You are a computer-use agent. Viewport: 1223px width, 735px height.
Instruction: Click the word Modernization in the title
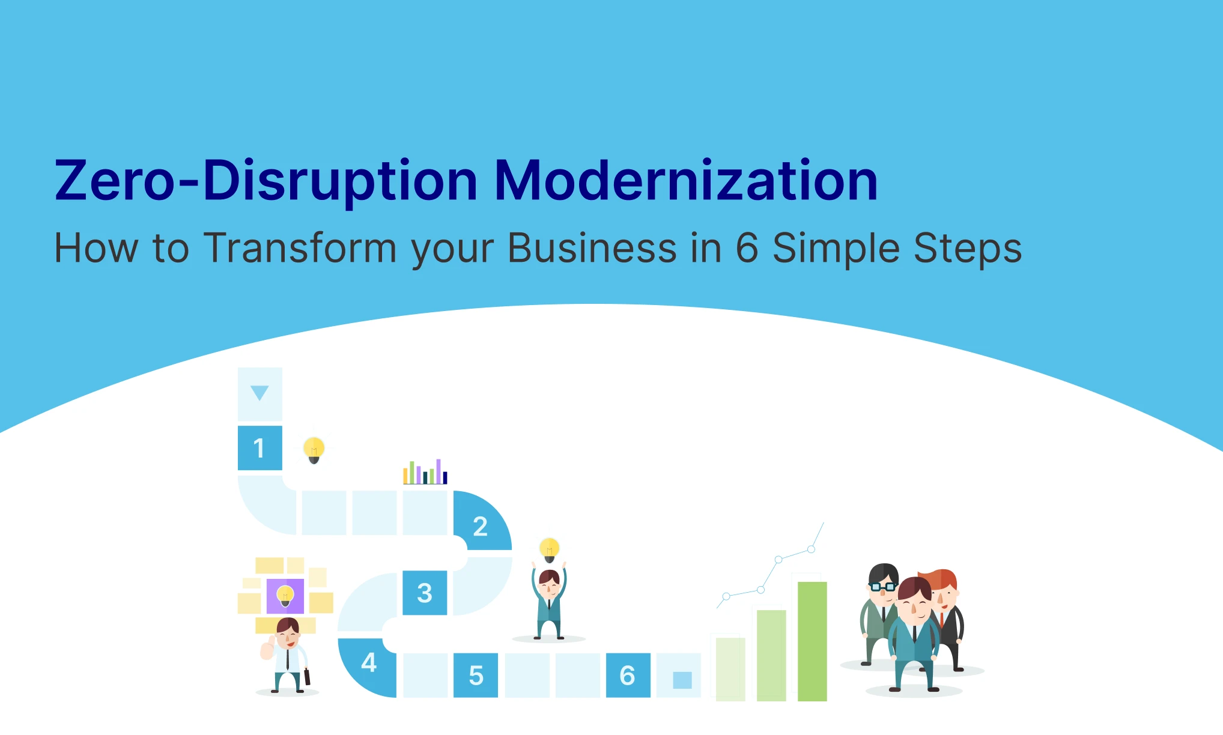click(x=686, y=180)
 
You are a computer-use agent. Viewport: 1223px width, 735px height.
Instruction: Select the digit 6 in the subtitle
click(x=747, y=248)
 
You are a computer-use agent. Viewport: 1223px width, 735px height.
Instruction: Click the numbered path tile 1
click(x=260, y=448)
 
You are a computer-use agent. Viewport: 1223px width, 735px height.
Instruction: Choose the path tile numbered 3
click(x=425, y=593)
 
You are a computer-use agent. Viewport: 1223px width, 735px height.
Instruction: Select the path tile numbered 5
click(x=476, y=676)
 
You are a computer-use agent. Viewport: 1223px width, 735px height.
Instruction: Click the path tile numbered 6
click(x=628, y=676)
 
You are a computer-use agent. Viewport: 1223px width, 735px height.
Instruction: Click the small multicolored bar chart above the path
click(x=425, y=472)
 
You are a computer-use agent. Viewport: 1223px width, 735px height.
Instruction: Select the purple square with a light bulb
click(x=285, y=596)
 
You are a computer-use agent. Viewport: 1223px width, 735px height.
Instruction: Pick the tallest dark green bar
click(x=812, y=641)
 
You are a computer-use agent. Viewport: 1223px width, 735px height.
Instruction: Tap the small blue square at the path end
click(x=682, y=680)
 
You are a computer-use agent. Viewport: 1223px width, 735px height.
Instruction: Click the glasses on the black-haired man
click(x=883, y=586)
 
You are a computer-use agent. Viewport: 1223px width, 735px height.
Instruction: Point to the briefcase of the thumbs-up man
click(x=307, y=677)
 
